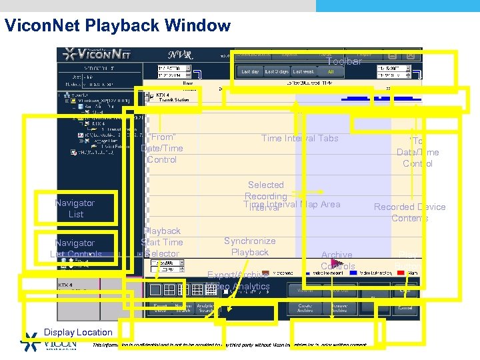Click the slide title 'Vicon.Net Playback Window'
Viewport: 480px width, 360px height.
coord(117,26)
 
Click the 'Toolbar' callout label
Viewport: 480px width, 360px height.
coord(343,61)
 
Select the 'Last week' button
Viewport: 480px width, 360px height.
coord(303,71)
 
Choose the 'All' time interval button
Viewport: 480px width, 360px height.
coord(331,71)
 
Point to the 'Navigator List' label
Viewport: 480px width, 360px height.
coord(75,208)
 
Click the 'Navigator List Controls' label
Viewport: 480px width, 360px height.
coord(75,248)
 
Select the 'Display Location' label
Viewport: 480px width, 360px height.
coord(78,332)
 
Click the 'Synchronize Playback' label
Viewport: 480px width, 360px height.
coord(249,246)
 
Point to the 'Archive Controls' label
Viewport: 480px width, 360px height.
coord(337,260)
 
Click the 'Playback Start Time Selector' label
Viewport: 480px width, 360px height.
coord(161,242)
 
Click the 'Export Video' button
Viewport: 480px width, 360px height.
coord(159,307)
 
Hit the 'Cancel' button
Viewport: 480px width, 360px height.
coord(405,307)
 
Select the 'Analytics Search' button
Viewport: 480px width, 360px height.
coord(205,307)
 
